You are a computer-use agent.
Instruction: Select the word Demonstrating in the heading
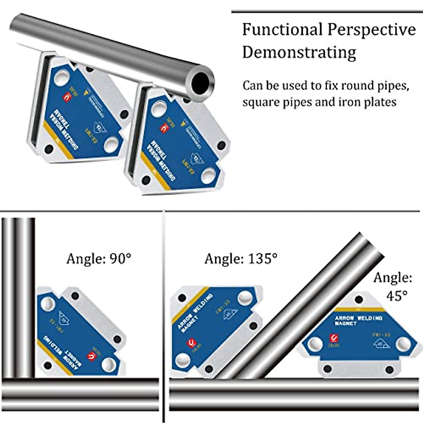299,53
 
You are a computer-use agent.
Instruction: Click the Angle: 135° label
241,259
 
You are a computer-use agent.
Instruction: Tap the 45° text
397,295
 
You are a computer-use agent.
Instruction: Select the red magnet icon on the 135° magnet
191,342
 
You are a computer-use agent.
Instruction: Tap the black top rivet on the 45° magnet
359,300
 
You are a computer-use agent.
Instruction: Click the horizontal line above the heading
326,12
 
